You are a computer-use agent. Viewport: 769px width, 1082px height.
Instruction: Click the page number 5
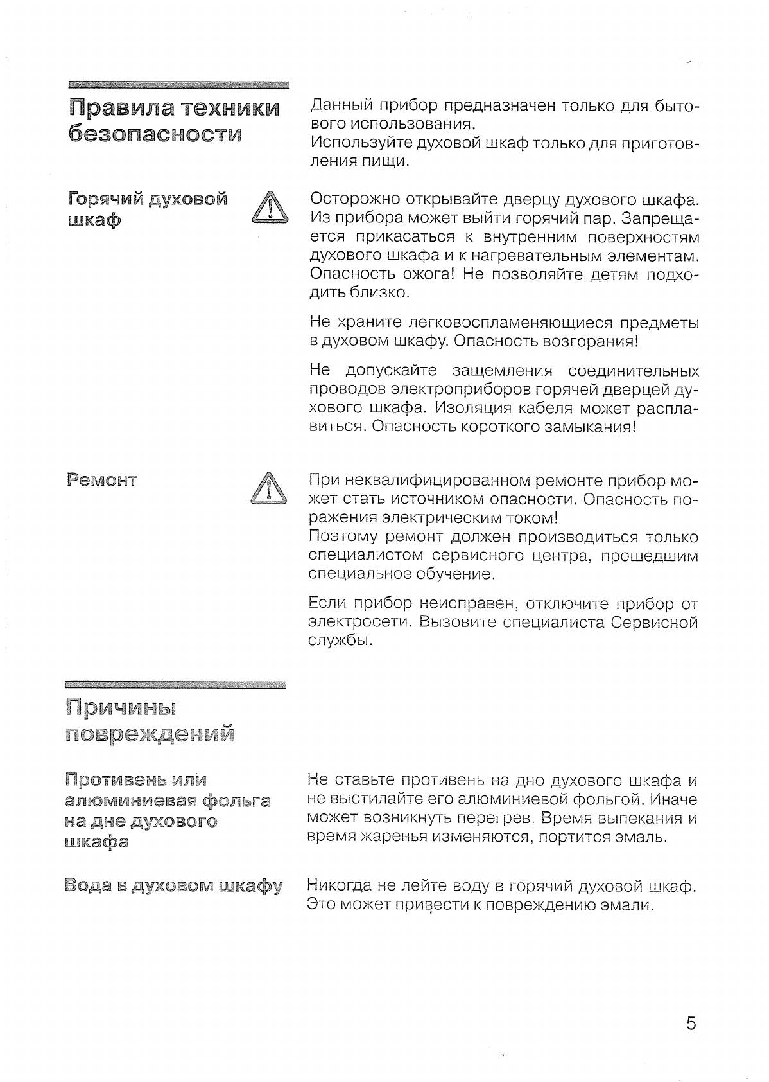point(691,1024)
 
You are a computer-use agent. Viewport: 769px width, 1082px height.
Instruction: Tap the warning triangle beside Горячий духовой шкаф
point(270,208)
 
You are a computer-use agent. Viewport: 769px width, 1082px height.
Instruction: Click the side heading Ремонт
point(102,480)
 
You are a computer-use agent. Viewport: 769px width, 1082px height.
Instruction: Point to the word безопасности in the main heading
point(155,134)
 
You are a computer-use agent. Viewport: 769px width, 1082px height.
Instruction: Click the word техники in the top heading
point(230,107)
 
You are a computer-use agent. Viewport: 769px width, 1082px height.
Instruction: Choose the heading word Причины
point(121,707)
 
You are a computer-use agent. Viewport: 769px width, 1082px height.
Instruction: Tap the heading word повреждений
point(150,733)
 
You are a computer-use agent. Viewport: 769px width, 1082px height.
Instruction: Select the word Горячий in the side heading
point(105,199)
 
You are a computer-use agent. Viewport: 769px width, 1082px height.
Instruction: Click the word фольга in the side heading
point(236,801)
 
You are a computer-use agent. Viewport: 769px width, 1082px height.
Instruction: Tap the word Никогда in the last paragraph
point(339,885)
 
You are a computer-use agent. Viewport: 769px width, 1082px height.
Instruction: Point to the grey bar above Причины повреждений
point(175,685)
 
